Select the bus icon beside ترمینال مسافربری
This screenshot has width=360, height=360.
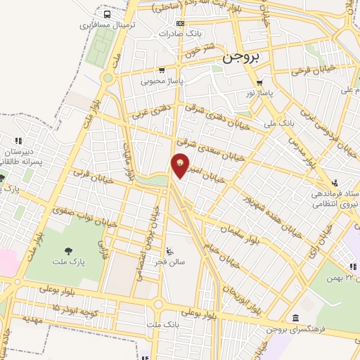pos(107,14)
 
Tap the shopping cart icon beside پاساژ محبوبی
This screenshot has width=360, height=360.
pos(163,70)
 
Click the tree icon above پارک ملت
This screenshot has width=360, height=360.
pos(68,251)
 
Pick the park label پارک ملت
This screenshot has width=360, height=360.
pos(68,262)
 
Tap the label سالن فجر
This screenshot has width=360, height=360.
pos(171,261)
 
